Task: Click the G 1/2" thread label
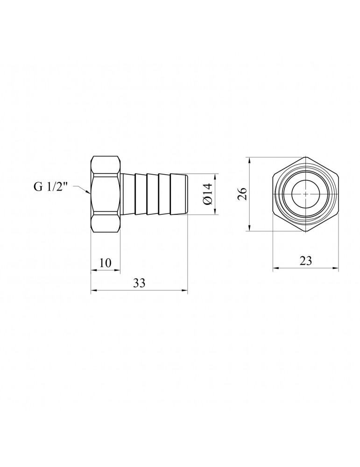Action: click(x=51, y=187)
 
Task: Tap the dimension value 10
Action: click(x=105, y=263)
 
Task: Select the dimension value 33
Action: click(x=139, y=283)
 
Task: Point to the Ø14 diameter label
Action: click(x=207, y=194)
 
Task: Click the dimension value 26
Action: click(x=243, y=194)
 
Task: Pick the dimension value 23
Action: click(x=306, y=261)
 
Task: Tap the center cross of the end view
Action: click(x=306, y=194)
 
